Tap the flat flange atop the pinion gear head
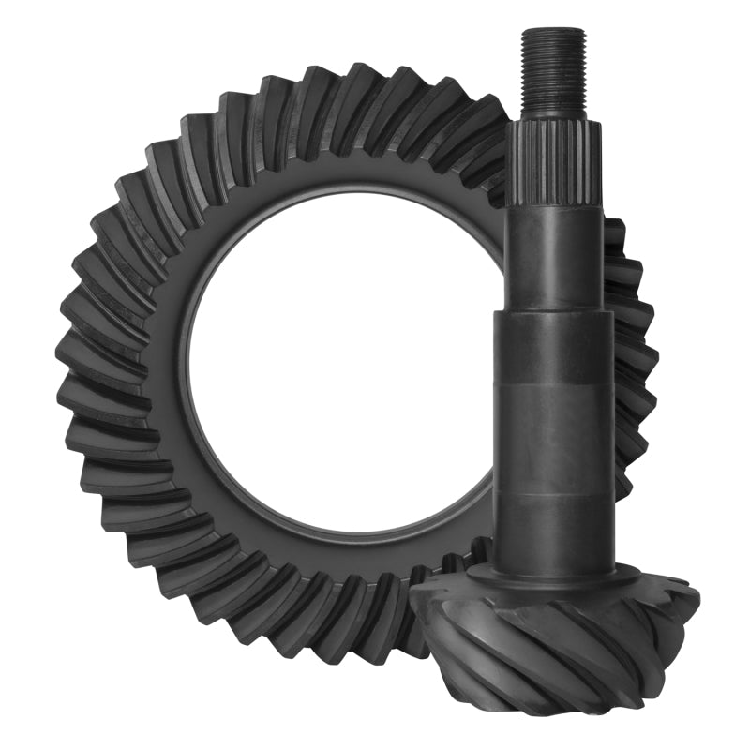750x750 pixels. click(553, 577)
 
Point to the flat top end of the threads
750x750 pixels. click(553, 32)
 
